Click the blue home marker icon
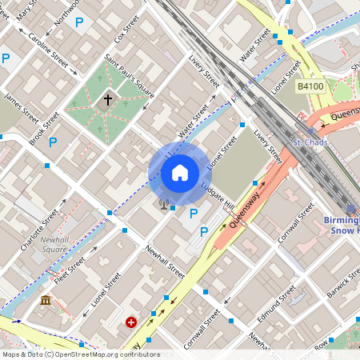pyautogui.click(x=180, y=172)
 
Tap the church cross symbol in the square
pyautogui.click(x=108, y=100)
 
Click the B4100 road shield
pyautogui.click(x=311, y=86)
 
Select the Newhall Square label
pyautogui.click(x=54, y=244)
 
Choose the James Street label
pyautogui.click(x=21, y=108)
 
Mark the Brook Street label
pyautogui.click(x=44, y=128)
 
